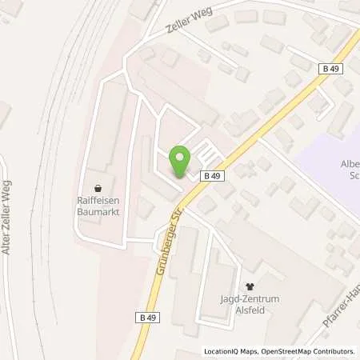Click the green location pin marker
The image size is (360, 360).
tap(180, 163)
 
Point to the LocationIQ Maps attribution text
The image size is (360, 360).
tap(232, 351)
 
